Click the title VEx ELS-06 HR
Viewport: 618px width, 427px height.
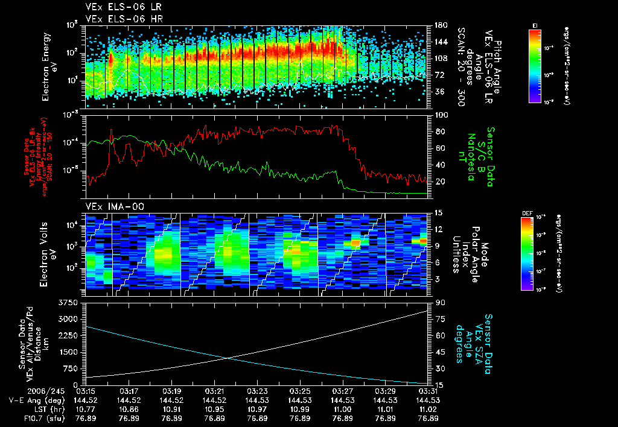(x=118, y=19)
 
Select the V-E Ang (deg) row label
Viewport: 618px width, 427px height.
(x=34, y=400)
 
